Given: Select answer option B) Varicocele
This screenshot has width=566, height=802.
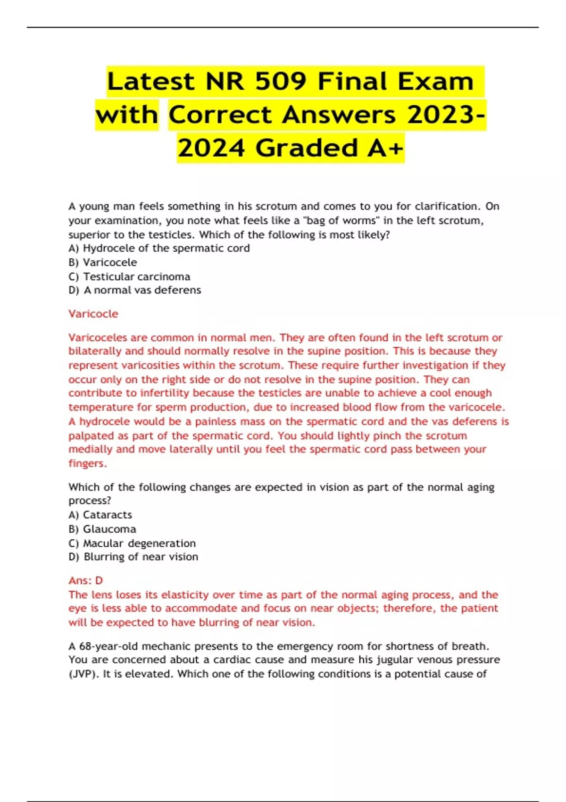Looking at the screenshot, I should click(x=103, y=262).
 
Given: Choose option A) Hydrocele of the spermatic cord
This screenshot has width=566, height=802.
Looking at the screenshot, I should click(x=159, y=248).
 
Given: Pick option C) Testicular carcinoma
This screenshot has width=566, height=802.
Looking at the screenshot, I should click(x=129, y=276).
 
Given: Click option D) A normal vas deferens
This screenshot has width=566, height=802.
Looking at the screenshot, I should click(x=135, y=290).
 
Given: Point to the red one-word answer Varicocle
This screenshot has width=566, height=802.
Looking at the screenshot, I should click(x=93, y=314).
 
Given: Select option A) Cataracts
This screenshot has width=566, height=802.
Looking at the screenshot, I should click(x=100, y=515).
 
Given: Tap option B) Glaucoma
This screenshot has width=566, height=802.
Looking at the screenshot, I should click(x=102, y=529).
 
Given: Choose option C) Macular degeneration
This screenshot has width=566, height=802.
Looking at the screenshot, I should click(x=132, y=543).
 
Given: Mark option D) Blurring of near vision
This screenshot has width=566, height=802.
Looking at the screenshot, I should click(x=133, y=557).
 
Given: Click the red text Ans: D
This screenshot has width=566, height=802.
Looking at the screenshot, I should click(x=85, y=580).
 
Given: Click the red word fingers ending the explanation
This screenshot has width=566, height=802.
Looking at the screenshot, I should click(x=86, y=463).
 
